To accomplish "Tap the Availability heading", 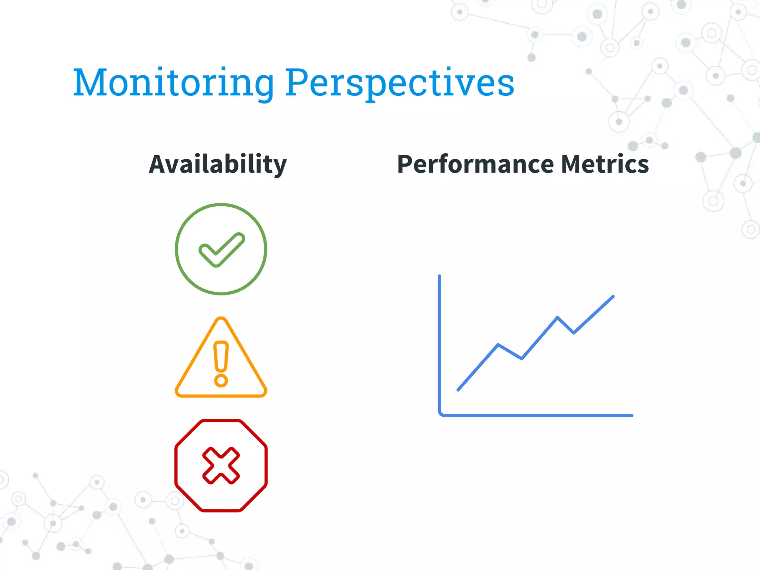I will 218,164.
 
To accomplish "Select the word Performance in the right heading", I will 475,164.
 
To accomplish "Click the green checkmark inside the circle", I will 222,250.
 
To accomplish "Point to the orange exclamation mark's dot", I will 221,380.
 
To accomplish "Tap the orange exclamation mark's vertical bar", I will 221,356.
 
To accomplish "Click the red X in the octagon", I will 221,465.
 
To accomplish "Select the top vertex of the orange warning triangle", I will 221,319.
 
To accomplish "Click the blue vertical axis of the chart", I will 439,341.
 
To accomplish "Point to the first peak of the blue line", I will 498,345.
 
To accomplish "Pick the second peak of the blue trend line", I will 557,317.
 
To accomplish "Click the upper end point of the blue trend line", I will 613,297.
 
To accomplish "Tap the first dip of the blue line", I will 522,358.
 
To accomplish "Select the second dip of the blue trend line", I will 574,332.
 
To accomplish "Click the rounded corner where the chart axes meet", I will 441,414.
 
